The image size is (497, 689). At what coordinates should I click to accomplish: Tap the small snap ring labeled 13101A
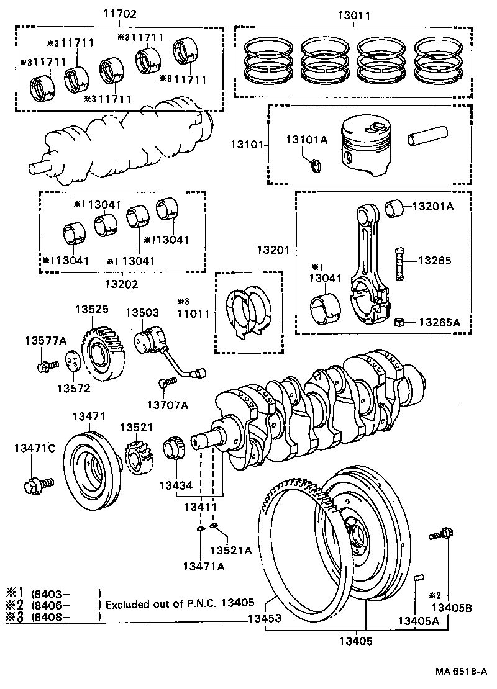(x=316, y=165)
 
